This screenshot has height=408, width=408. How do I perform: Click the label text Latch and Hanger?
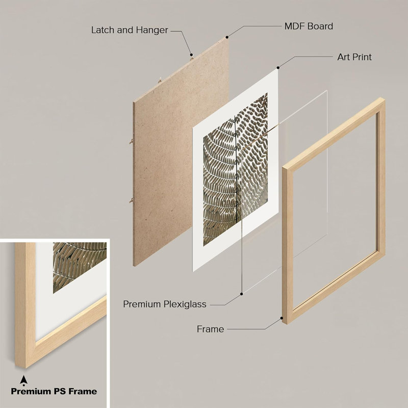130,30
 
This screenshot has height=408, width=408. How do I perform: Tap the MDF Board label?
309,27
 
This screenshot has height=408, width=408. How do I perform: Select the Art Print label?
354,57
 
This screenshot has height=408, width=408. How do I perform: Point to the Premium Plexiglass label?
165,304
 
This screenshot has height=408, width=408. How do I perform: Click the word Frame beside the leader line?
210,329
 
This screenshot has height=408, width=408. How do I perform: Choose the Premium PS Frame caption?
54,391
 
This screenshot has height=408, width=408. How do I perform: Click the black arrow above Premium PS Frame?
23,380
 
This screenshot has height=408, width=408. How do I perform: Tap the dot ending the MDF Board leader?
227,37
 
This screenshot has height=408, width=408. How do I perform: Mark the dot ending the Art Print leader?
278,68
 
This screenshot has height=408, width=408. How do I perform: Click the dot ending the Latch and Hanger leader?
191,55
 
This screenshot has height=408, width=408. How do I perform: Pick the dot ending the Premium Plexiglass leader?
241,294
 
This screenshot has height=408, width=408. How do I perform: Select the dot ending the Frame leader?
282,318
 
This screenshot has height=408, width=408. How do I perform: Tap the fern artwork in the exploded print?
235,169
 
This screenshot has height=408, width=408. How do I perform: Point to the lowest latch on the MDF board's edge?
132,200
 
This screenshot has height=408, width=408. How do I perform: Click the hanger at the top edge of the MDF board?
192,59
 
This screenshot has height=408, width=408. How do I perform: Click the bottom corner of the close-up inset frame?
25,368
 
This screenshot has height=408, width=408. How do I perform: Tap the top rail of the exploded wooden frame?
334,133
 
